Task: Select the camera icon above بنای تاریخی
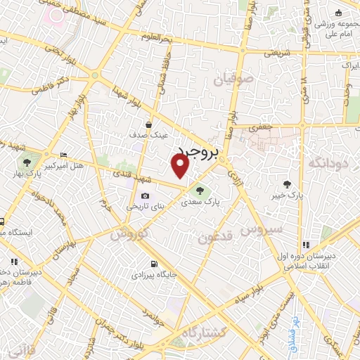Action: pyautogui.click(x=145, y=195)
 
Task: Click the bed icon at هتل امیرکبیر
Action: pyautogui.click(x=65, y=155)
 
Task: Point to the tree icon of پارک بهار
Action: pyautogui.click(x=27, y=162)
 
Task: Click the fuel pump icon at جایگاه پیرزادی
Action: pyautogui.click(x=153, y=265)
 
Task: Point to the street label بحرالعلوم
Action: pyautogui.click(x=155, y=37)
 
